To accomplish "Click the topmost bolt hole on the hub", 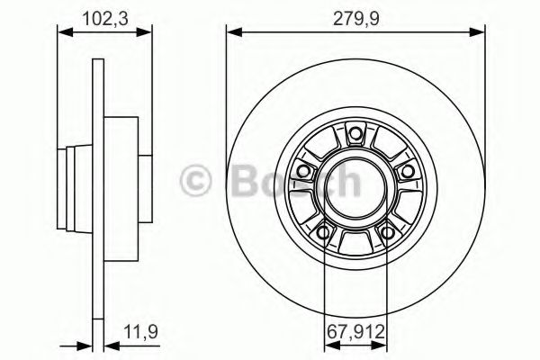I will pos(355,136).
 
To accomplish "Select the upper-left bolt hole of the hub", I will pos(304,171).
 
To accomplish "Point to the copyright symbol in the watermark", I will pos(198,180).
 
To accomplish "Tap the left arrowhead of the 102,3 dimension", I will pos(63,33).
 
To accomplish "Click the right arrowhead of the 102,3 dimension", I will pos(145,33).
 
